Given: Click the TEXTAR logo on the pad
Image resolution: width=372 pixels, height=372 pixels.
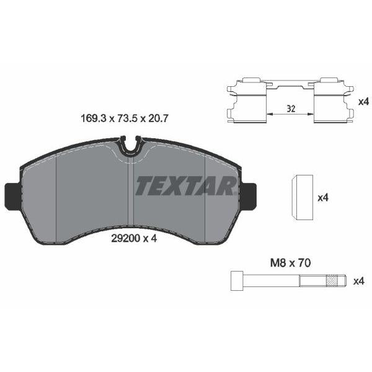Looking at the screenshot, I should (x=185, y=185).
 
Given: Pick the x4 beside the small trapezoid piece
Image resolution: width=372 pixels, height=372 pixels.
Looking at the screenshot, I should (x=322, y=198).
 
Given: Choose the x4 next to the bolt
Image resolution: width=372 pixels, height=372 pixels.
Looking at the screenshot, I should (x=358, y=281).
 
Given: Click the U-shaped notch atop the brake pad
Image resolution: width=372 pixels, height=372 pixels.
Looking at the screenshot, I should (x=130, y=147).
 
